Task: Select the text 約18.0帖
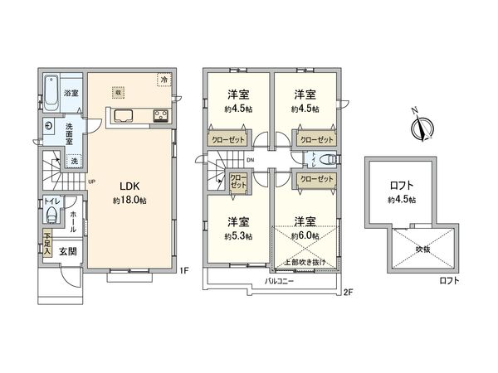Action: pos(130,201)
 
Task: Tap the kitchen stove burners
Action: pos(159,115)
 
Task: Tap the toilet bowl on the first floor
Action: pos(51,218)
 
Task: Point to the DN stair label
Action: pos(249,160)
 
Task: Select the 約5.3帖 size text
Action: pos(237,236)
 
